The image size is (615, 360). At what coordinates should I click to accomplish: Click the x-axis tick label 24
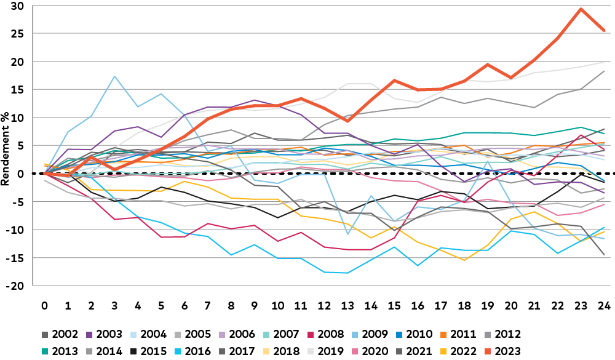(605, 305)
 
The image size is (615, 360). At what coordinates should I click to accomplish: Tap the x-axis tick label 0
(45, 305)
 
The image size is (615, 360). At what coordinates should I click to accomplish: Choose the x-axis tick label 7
(208, 305)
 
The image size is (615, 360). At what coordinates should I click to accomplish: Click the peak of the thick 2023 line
(581, 9)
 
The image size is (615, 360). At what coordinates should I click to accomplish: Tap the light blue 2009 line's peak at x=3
(114, 76)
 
